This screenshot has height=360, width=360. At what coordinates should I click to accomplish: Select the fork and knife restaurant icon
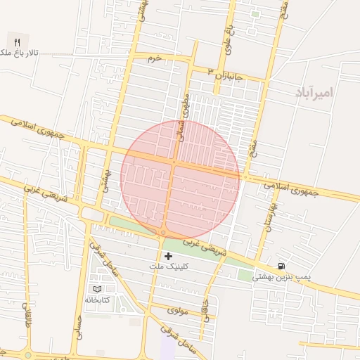coord(17,41)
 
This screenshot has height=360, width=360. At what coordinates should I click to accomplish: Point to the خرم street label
coord(154,58)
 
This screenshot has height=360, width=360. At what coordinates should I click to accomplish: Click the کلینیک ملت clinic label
coord(167,267)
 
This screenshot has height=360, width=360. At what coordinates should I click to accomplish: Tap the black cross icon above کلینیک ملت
coord(167,257)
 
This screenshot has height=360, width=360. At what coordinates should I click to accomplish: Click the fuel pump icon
coord(282,266)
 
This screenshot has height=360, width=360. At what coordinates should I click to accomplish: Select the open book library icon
coord(97,289)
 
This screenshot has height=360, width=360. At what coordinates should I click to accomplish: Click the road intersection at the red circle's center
coord(174,163)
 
